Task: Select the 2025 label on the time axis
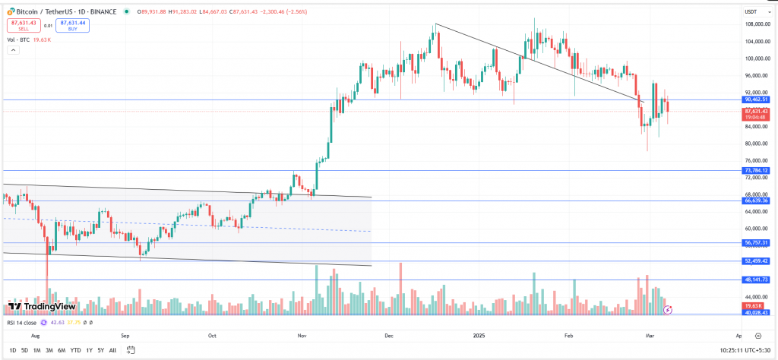pyautogui.click(x=478, y=334)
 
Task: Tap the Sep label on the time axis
pyautogui.click(x=126, y=334)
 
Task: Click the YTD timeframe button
pyautogui.click(x=76, y=350)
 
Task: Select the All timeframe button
pyautogui.click(x=112, y=350)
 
